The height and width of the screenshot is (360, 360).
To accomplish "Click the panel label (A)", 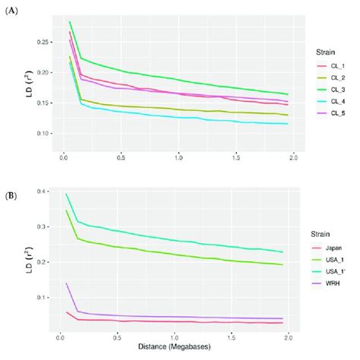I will (11, 10).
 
